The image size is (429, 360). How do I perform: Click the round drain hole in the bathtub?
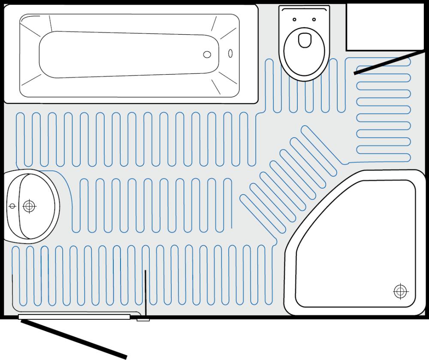207,54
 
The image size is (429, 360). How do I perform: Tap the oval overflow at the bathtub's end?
230,53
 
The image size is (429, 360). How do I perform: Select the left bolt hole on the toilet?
294,19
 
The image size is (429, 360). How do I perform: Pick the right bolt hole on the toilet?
314,19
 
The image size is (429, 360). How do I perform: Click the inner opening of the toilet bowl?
304,40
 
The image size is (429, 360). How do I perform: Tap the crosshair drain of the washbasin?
29,206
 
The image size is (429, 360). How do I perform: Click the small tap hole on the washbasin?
12,206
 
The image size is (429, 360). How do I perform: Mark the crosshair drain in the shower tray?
400,292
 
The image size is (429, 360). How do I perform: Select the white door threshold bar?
74,317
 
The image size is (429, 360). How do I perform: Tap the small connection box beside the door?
143,319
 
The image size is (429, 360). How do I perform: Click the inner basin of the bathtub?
129,54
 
